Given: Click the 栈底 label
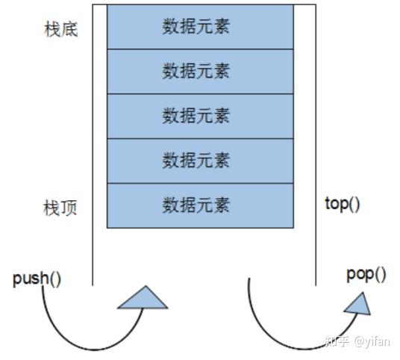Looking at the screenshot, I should pyautogui.click(x=61, y=30).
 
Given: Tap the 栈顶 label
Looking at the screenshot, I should pyautogui.click(x=61, y=208).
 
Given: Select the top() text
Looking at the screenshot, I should pyautogui.click(x=343, y=203).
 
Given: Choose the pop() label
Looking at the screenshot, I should pyautogui.click(x=366, y=274).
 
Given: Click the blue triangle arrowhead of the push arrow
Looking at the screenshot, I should pyautogui.click(x=143, y=298).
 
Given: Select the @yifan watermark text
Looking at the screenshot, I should pyautogui.click(x=373, y=341).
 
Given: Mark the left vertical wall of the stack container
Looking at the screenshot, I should pyautogui.click(x=93, y=149).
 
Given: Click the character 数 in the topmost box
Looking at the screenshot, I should pyautogui.click(x=169, y=27).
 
